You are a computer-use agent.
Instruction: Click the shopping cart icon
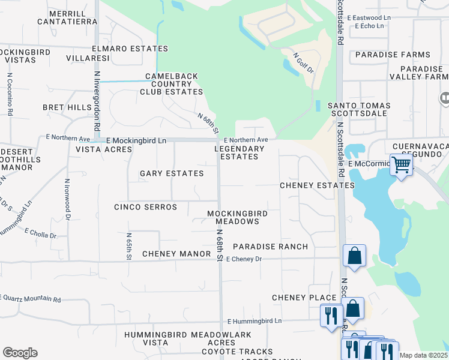tap(400, 164)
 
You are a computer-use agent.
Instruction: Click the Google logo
tap(19, 353)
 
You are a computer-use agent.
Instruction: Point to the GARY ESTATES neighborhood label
tap(172, 173)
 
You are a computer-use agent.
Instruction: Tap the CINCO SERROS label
tap(146, 207)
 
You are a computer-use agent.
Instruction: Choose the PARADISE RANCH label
tap(270, 247)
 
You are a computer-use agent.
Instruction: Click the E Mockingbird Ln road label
tap(136, 140)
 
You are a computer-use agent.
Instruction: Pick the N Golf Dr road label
tap(304, 62)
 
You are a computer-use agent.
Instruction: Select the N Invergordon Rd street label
tap(96, 103)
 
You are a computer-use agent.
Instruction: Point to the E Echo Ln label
tap(369, 26)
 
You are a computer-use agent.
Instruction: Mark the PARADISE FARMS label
tap(393, 55)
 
